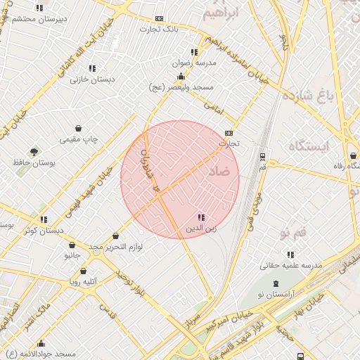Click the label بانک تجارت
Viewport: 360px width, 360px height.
158,29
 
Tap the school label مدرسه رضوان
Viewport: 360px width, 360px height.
192,63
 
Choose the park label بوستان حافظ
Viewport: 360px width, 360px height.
34,162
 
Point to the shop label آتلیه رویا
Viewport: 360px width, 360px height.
83,281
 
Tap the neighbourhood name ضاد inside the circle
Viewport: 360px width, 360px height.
219,171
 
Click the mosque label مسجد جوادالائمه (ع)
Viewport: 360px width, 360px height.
41,353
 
